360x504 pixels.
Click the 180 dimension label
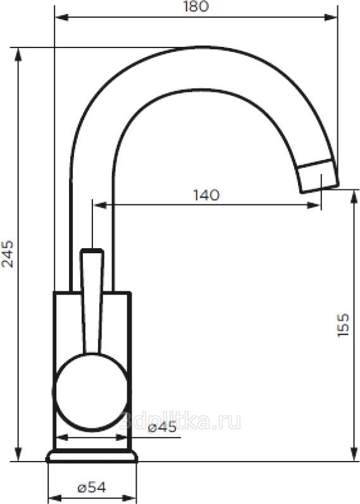point(196,6)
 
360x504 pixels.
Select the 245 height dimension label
point(8,254)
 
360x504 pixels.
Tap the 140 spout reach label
point(206,195)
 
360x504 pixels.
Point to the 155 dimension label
point(343,325)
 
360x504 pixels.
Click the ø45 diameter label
point(162,427)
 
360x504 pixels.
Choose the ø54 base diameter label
point(92,488)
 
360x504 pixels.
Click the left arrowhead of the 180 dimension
point(61,17)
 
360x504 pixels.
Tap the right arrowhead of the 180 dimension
point(331,17)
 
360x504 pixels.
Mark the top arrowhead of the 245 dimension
point(18,54)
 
